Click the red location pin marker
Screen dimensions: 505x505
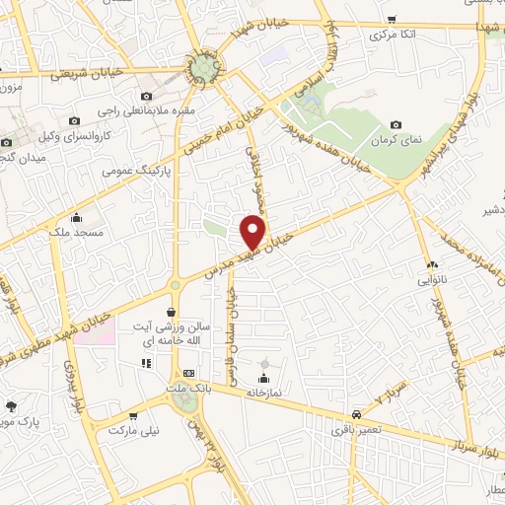coord(254,231)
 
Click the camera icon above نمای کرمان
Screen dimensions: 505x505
coord(396,125)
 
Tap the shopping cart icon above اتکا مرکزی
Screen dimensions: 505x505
coord(392,20)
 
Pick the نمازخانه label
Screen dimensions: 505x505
coord(263,392)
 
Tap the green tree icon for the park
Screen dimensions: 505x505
coord(11,406)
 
